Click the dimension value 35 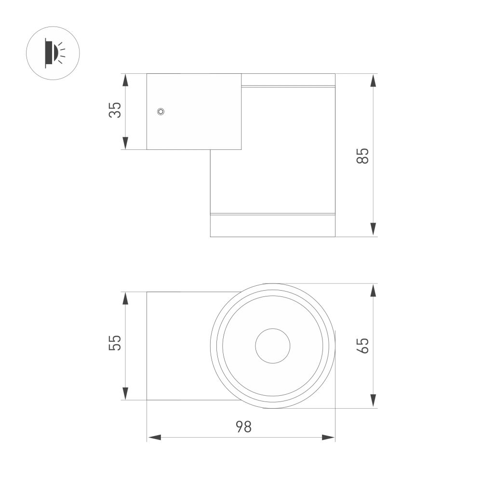point(115,110)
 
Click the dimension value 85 point(363,155)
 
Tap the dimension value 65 point(363,346)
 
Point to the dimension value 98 point(243,427)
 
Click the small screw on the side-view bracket point(161,111)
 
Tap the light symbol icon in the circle point(53,53)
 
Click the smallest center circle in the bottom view point(272,346)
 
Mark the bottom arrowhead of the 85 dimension point(373,229)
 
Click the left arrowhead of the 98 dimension point(154,438)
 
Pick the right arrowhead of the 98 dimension point(328,438)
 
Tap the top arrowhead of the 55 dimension point(125,298)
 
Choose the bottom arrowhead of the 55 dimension point(125,393)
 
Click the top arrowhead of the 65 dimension point(373,290)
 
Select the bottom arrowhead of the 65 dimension point(373,401)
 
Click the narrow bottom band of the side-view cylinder point(272,225)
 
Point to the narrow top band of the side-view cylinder point(288,80)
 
